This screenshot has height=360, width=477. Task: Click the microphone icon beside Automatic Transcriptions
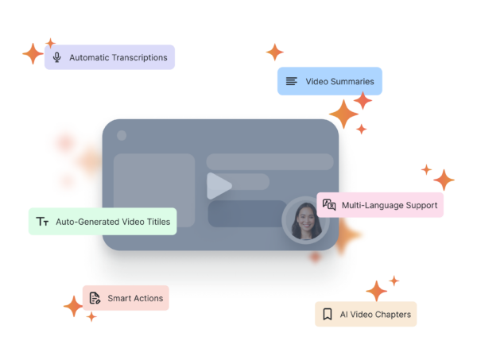(56, 57)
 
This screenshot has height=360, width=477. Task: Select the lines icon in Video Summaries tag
(292, 81)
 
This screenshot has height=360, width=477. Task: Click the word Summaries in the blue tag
(352, 81)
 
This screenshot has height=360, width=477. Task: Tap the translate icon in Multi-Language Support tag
(329, 205)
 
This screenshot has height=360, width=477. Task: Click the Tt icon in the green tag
(43, 222)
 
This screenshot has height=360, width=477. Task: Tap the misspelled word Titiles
(157, 222)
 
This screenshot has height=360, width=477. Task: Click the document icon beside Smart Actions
(95, 298)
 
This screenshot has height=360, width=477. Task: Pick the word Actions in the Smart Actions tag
(148, 298)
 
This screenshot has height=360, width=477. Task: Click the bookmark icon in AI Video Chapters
(328, 315)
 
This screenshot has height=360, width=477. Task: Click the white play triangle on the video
(218, 186)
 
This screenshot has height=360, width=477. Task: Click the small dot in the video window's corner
(122, 136)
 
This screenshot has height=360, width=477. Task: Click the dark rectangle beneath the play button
(246, 213)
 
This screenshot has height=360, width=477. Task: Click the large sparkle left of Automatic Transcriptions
(33, 54)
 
